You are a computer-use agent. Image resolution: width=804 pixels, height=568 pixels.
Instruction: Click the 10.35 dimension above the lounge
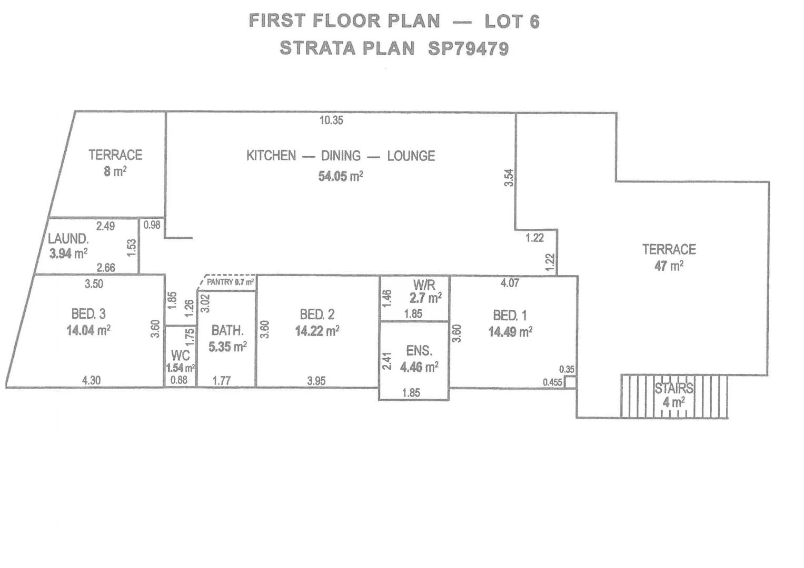(x=331, y=120)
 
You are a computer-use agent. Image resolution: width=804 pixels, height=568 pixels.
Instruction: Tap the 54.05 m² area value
(x=340, y=176)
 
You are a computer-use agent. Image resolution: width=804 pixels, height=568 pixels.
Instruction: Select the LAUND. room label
(x=68, y=239)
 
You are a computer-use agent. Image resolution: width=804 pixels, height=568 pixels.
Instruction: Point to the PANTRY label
(x=220, y=282)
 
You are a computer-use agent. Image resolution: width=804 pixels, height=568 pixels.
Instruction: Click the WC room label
(x=180, y=356)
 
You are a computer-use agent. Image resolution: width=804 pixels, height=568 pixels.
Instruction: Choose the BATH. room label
(x=227, y=331)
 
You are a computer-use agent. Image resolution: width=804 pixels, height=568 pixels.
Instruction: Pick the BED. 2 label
(x=317, y=315)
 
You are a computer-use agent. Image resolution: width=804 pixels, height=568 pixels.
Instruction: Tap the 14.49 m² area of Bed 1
(x=510, y=332)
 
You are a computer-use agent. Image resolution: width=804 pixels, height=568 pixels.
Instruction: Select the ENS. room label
(x=419, y=351)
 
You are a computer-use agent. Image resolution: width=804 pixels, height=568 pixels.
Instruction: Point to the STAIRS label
(x=674, y=389)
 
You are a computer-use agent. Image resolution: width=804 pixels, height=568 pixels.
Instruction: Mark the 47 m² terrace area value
(x=669, y=266)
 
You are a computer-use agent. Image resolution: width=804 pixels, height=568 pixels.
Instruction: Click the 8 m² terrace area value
(x=115, y=171)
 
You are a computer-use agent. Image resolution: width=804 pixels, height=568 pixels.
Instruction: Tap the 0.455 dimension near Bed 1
(x=552, y=382)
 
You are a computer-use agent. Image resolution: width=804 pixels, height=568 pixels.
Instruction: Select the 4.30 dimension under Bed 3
(x=92, y=380)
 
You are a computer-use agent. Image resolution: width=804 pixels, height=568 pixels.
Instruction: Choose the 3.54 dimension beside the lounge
(x=509, y=177)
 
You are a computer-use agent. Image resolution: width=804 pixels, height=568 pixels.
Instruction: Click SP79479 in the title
(x=468, y=48)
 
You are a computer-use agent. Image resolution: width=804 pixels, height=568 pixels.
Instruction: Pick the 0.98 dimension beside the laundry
(x=152, y=225)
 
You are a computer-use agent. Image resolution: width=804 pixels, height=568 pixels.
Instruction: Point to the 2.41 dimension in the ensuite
(x=387, y=361)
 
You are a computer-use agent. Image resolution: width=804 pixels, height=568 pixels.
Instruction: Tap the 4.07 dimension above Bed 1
(x=510, y=283)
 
